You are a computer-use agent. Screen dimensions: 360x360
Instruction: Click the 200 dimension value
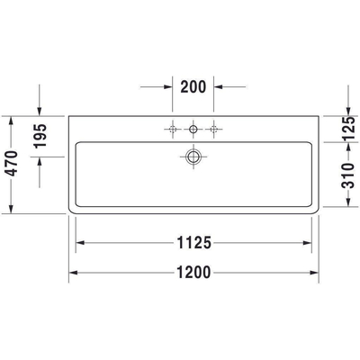click(x=193, y=87)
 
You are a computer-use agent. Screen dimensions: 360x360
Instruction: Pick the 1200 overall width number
click(x=193, y=273)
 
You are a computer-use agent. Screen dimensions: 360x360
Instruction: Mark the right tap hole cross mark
click(x=213, y=129)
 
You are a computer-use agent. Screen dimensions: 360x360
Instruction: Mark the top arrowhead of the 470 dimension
click(x=10, y=120)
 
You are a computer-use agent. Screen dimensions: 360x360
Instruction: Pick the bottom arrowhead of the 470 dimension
click(x=10, y=211)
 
